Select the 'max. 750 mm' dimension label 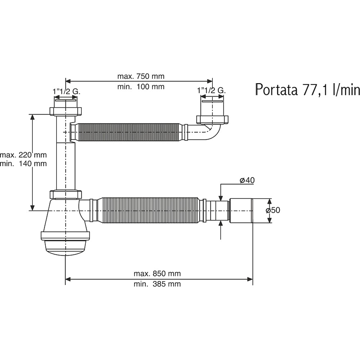click(x=141, y=76)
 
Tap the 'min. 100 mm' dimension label click(x=141, y=86)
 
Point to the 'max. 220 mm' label click(x=23, y=155)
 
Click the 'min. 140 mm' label click(x=23, y=163)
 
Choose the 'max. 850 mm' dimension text click(x=157, y=274)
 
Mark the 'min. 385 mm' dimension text click(x=157, y=284)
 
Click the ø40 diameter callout click(x=247, y=180)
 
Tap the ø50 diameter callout click(x=273, y=210)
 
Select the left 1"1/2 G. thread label click(x=67, y=91)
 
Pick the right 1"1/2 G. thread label click(x=211, y=90)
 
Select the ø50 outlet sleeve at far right click(x=241, y=210)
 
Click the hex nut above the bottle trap click(x=66, y=194)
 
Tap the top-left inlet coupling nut click(x=66, y=111)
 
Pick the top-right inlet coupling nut click(x=212, y=120)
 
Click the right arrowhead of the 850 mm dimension click(x=250, y=279)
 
